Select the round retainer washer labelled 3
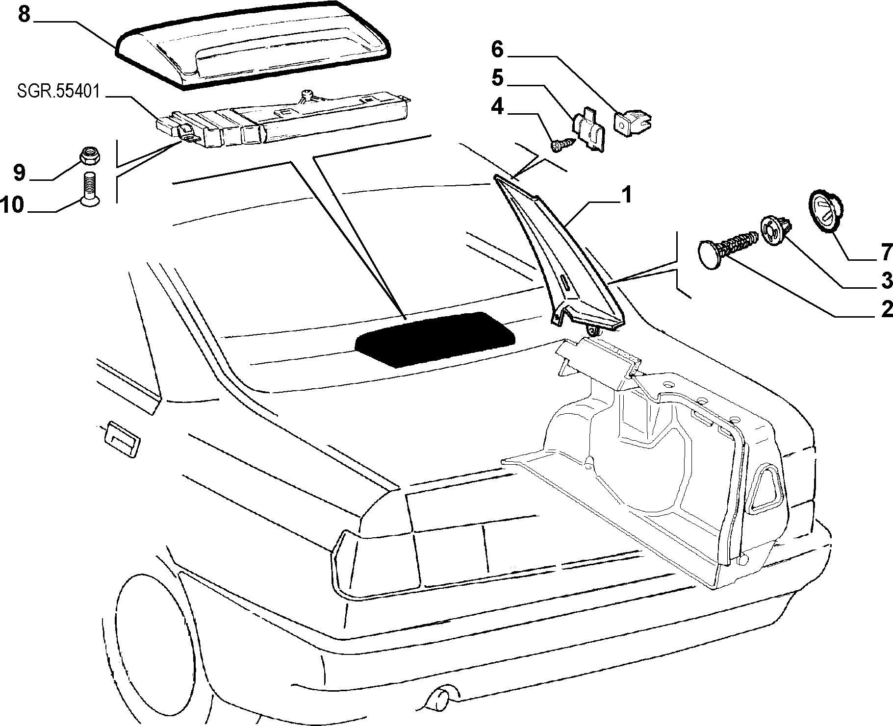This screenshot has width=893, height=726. click(776, 232)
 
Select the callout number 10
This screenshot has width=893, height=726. click(12, 204)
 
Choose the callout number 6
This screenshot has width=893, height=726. click(497, 49)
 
